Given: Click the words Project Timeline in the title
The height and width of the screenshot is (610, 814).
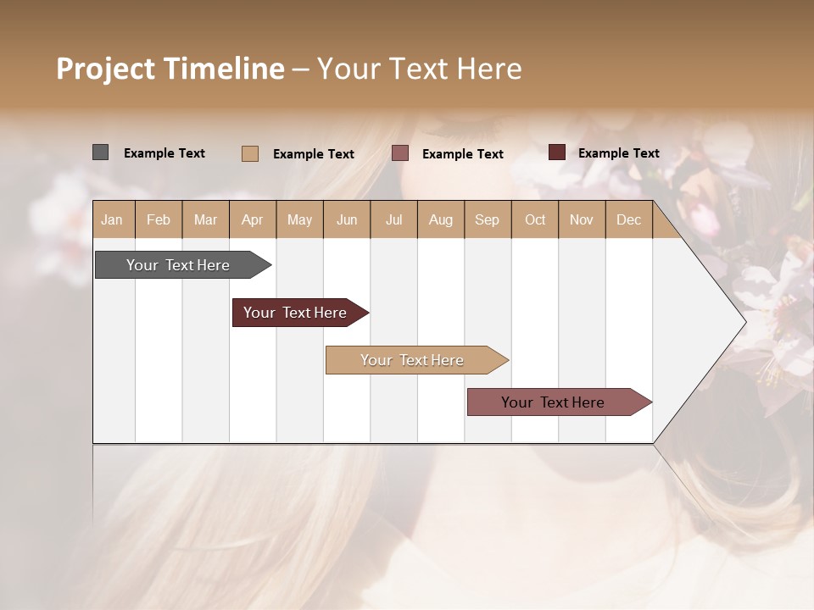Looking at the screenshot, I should (x=170, y=69).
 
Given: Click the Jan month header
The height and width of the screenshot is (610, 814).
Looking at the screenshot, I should (x=112, y=219).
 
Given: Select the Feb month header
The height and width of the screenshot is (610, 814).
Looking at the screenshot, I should (x=159, y=219).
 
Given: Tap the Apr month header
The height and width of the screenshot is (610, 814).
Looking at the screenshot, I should (x=252, y=219).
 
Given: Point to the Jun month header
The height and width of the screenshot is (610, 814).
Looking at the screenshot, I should (x=347, y=219).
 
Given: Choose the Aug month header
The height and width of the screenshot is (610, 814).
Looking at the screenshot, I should (x=440, y=219).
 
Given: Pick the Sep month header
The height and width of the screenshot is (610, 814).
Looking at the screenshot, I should (x=487, y=219).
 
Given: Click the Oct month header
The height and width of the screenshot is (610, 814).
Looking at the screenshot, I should (x=535, y=219).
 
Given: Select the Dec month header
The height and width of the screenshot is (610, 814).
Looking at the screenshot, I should (x=628, y=219).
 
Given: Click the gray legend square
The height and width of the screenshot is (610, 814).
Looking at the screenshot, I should (x=100, y=152).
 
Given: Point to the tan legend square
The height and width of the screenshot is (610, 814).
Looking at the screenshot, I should (x=249, y=153).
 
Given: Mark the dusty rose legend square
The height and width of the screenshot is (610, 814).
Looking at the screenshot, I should (x=399, y=153).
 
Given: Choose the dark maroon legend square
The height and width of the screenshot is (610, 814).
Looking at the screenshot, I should (x=556, y=152).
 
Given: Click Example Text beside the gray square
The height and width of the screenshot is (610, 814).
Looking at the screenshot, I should (x=164, y=153).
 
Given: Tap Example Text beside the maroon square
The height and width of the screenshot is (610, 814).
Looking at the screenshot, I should (x=619, y=153).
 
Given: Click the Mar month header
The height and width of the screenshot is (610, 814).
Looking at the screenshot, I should (x=205, y=219).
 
